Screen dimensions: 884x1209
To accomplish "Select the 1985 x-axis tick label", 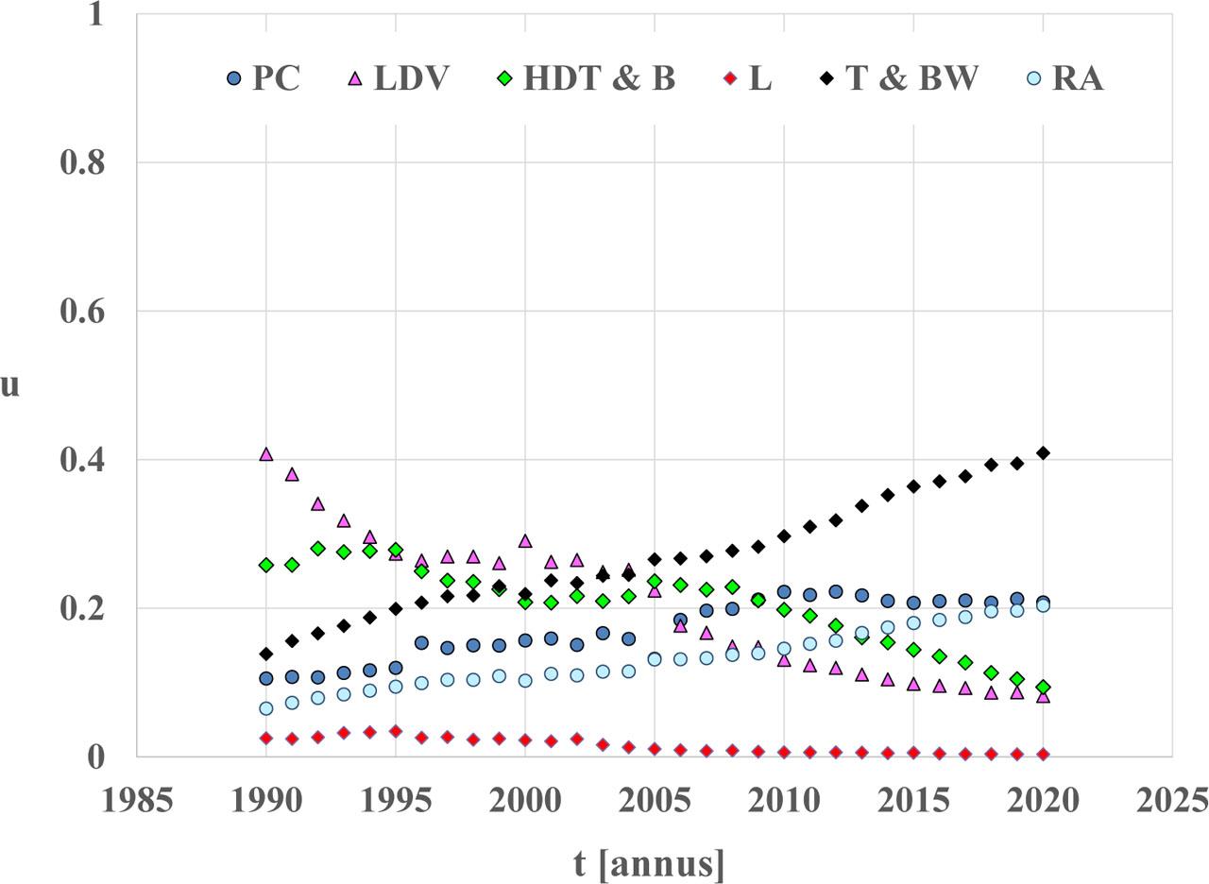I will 138,801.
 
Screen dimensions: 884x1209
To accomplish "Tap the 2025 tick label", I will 1172,801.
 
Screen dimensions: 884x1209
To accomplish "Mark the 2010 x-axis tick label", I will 784,801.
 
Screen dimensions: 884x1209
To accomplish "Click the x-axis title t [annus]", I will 650,863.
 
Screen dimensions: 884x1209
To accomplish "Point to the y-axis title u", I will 9,385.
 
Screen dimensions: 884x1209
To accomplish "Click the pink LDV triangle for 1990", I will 266,454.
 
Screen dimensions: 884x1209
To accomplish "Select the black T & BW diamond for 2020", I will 1043,453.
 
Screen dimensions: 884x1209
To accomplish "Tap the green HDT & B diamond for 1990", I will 266,565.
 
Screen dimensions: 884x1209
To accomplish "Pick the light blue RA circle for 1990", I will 266,708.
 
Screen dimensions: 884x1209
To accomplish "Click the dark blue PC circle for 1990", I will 266,678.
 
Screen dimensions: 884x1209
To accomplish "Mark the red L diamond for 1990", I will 266,739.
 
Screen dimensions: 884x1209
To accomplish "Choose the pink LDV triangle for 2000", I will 525,541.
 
